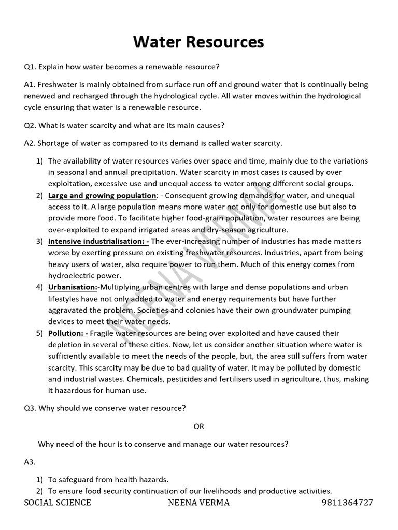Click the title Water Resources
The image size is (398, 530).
[198, 41]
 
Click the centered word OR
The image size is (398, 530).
[199, 426]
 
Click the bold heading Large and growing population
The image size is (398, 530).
[102, 196]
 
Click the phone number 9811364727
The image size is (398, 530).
[347, 503]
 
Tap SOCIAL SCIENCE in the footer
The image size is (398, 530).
[58, 503]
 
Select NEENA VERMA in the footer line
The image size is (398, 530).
[199, 503]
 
